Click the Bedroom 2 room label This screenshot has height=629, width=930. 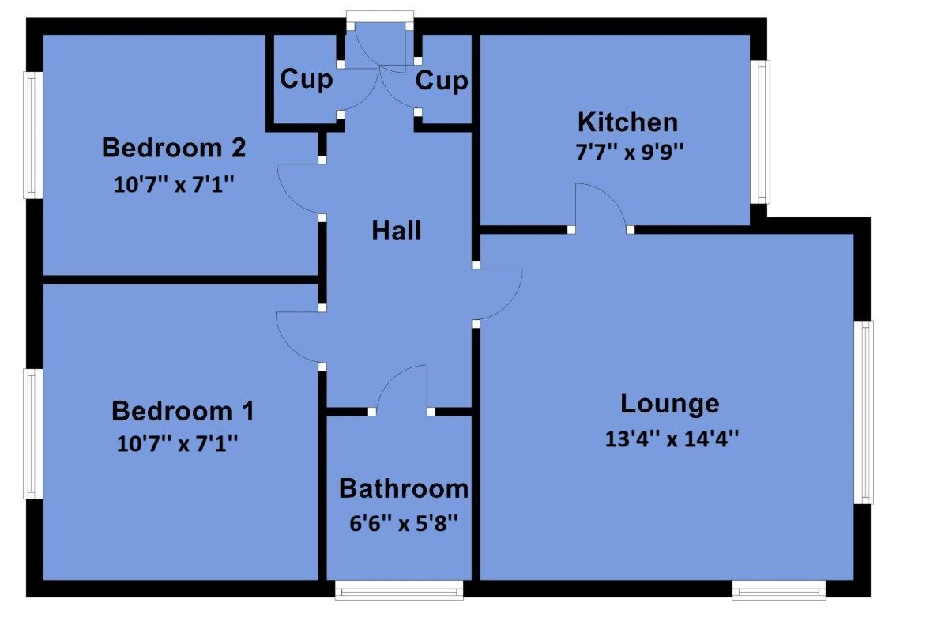pyautogui.click(x=174, y=148)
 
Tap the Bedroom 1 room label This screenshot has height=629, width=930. pyautogui.click(x=183, y=411)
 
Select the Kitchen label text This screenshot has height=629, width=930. pyautogui.click(x=627, y=122)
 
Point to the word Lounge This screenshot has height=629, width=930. pyautogui.click(x=669, y=404)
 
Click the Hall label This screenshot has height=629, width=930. pyautogui.click(x=397, y=231)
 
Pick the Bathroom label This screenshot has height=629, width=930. pyautogui.click(x=403, y=488)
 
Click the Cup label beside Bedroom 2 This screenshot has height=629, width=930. pyautogui.click(x=307, y=80)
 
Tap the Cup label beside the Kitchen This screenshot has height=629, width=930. pyautogui.click(x=442, y=81)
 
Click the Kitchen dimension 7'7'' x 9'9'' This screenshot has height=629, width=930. pyautogui.click(x=627, y=151)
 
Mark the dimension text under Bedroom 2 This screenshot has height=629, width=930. pyautogui.click(x=175, y=185)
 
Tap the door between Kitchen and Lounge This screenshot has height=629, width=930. pyautogui.click(x=600, y=208)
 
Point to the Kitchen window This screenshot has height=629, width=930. pyautogui.click(x=762, y=131)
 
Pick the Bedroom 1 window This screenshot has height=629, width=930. pyautogui.click(x=32, y=433)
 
